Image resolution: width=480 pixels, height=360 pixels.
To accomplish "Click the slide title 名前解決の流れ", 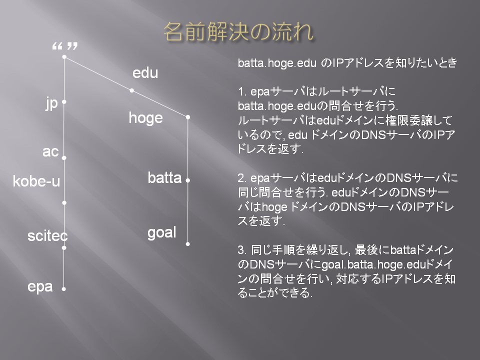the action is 238,32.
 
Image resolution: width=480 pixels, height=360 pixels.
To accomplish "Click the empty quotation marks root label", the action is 65,46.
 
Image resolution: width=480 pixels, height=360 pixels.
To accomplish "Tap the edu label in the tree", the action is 145,73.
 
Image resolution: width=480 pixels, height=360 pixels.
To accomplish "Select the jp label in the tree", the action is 51,103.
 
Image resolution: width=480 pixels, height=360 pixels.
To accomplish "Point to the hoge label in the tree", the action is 145,118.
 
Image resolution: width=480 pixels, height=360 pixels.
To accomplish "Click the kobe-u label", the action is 36,181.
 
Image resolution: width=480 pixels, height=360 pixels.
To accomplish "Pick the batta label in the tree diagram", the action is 164,178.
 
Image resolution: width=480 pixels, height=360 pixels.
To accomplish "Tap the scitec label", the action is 47,236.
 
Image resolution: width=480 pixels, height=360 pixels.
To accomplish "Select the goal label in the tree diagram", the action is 162,232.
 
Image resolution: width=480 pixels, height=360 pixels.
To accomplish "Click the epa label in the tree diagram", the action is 40,287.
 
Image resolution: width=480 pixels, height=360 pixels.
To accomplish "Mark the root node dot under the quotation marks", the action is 64,57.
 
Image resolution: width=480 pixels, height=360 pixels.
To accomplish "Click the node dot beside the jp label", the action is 64,102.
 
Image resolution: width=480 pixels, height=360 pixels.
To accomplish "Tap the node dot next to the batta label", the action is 187,180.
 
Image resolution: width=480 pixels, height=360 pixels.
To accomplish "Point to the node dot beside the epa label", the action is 63,289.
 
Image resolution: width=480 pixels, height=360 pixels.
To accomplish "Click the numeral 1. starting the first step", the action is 242,91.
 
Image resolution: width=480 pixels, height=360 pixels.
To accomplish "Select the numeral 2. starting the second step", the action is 242,178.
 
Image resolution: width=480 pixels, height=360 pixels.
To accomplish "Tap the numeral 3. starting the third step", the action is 242,250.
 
